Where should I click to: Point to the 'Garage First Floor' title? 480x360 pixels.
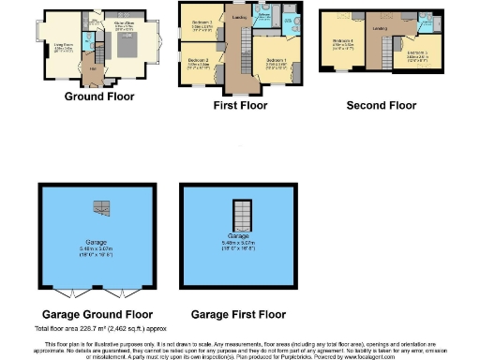click(237, 314)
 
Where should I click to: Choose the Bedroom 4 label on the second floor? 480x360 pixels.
click(342, 42)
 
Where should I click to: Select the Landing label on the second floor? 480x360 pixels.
click(380, 29)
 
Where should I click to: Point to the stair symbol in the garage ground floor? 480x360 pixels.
click(97, 207)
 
